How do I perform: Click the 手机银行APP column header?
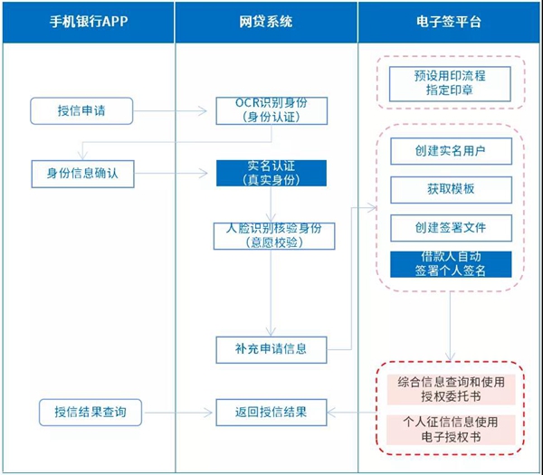(x=89, y=22)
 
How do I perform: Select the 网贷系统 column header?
(x=266, y=22)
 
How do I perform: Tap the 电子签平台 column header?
(x=449, y=22)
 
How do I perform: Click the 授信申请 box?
(x=81, y=110)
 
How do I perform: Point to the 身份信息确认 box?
(x=82, y=174)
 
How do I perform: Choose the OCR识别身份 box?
(x=271, y=110)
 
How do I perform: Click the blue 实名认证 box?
(x=271, y=173)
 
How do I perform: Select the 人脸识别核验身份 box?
(x=274, y=236)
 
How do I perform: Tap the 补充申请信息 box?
(x=271, y=349)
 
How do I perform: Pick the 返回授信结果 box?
(x=271, y=413)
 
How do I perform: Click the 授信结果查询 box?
(x=90, y=413)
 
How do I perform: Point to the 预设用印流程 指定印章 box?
(x=450, y=84)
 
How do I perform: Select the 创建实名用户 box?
(x=452, y=151)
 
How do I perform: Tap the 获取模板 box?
(x=452, y=190)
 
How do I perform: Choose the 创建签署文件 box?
(x=452, y=228)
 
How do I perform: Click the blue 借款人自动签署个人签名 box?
(x=451, y=264)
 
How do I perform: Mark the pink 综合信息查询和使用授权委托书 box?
(x=452, y=389)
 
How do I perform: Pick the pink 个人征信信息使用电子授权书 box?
(x=452, y=430)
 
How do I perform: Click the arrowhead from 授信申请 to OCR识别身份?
(x=203, y=111)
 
